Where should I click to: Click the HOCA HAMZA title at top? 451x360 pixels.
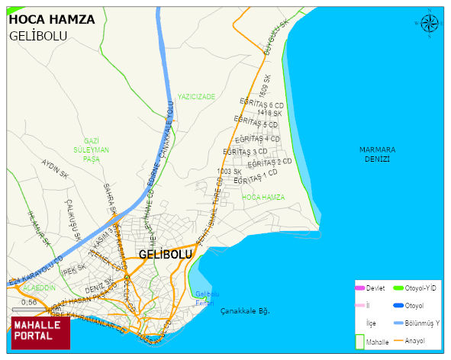52,19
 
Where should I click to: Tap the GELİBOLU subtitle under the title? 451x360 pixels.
38,36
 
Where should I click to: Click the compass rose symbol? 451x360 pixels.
430,24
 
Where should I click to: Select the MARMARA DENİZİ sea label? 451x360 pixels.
378,154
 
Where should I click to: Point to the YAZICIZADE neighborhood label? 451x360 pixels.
196,97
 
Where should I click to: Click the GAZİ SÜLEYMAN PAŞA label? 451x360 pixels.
92,150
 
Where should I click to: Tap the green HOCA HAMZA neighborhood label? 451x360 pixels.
263,197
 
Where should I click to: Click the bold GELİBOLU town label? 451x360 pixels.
165,254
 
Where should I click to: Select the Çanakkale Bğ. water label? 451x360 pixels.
246,310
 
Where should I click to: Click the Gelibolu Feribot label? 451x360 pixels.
207,298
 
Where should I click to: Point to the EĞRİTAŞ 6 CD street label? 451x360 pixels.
261,103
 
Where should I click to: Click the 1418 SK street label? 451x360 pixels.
269,113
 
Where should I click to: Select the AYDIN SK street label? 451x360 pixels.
56,169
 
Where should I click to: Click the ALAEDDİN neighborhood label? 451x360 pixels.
40,288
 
